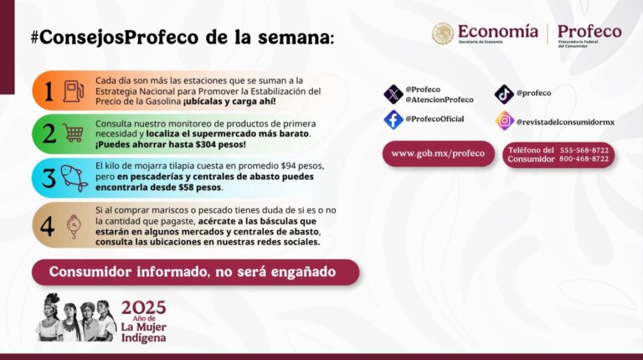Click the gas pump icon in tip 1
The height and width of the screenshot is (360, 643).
tap(74, 91)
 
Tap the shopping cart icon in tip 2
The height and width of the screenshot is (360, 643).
tap(74, 133)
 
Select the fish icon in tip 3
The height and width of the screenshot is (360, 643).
tap(75, 178)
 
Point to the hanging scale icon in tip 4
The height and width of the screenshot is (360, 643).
tap(74, 227)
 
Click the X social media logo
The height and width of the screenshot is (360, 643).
tap(394, 95)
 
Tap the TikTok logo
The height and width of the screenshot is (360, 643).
tap(504, 95)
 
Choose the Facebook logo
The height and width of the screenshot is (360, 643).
tap(394, 120)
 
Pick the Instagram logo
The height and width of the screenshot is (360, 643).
tap(505, 121)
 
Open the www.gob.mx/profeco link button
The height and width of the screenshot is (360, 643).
tap(439, 154)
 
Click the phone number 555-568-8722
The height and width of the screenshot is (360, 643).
tap(584, 150)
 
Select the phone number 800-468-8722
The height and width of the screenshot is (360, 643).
tap(584, 159)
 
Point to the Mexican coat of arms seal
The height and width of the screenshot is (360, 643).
tap(443, 33)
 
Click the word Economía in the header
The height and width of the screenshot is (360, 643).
tap(498, 32)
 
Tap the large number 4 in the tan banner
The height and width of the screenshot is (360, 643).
tap(47, 226)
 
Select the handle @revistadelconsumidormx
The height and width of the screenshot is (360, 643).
tap(565, 121)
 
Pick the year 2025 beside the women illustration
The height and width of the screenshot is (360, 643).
tap(143, 307)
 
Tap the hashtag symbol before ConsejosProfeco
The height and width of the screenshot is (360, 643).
tap(35, 38)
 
